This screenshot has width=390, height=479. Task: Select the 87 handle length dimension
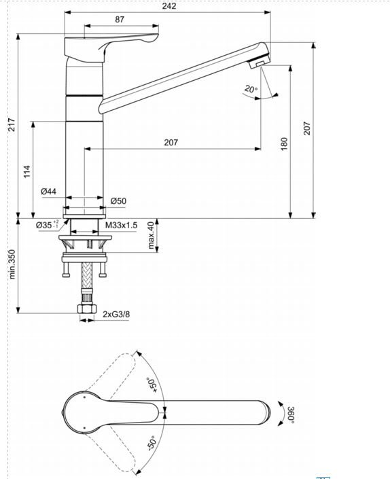[120, 20]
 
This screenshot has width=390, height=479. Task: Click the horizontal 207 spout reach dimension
[171, 143]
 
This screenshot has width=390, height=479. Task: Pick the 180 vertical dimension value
[284, 143]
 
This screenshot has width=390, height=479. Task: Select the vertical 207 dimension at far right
[306, 128]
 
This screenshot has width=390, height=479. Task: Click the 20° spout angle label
[250, 90]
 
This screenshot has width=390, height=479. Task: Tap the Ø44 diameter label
[48, 192]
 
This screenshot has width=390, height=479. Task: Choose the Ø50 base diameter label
[118, 200]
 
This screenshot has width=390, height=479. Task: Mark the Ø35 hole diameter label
[46, 224]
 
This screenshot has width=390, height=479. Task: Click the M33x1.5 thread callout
[122, 224]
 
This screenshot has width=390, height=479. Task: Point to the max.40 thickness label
[151, 235]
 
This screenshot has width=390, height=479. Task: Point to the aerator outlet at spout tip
[258, 64]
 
